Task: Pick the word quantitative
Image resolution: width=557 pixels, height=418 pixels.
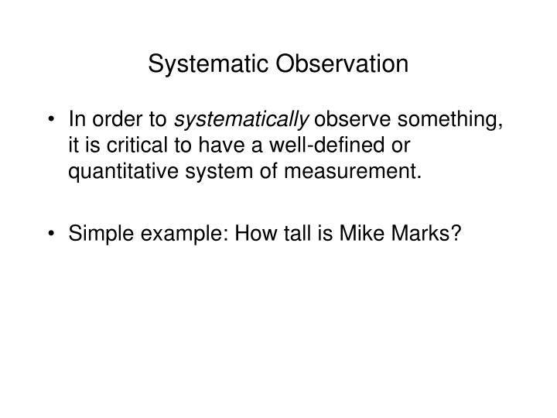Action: click(x=113, y=171)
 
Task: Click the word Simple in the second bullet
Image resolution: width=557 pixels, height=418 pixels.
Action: click(x=94, y=233)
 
